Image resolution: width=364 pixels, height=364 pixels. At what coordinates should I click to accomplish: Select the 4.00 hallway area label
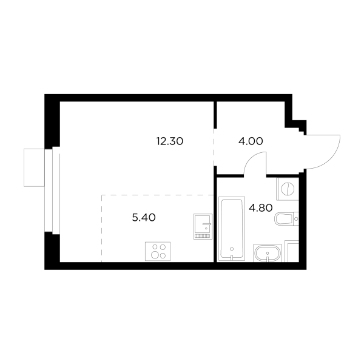[251, 142]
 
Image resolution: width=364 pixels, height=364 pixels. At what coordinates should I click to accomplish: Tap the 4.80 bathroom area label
[261, 207]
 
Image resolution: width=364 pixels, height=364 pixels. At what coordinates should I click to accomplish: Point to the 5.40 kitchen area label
[144, 218]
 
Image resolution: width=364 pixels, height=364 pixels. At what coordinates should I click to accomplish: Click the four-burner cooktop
[159, 251]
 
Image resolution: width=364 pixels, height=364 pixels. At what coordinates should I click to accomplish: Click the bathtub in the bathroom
[231, 228]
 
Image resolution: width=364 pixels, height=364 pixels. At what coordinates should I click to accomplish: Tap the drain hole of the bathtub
[232, 249]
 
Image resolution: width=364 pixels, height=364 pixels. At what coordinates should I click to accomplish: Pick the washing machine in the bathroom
[287, 189]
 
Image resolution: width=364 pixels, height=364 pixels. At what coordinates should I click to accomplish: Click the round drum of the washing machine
[288, 189]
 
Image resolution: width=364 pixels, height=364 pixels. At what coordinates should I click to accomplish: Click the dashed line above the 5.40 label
[158, 195]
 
